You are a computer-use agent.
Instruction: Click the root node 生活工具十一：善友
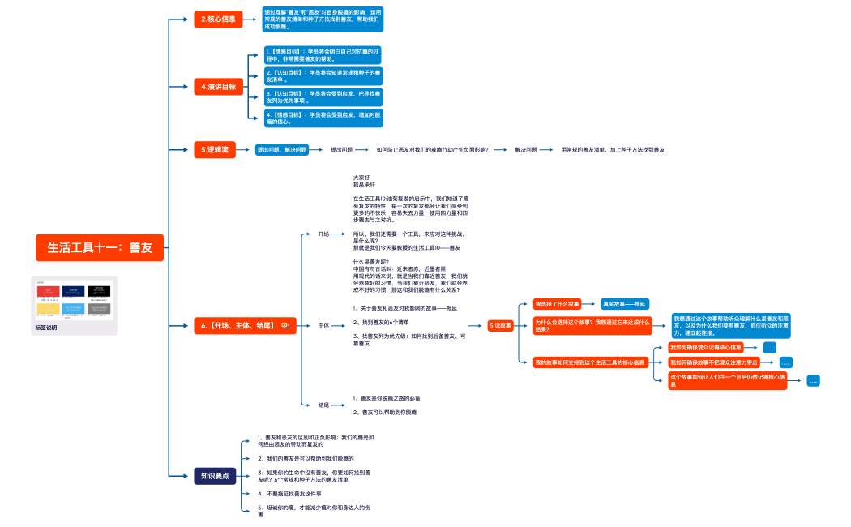coord(100,248)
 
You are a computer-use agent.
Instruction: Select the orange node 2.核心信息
coord(219,19)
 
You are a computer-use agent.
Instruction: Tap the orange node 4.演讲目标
coord(219,87)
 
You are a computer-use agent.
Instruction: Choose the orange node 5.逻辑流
coord(215,150)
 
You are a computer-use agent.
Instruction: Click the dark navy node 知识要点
coord(215,476)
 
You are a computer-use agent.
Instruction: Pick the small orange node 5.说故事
coord(501,326)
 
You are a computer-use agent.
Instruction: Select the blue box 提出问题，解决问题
coord(281,150)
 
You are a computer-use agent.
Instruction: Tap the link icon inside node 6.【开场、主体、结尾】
coord(285,326)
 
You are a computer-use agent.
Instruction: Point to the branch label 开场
coord(323,234)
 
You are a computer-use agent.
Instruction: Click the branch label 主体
coord(323,326)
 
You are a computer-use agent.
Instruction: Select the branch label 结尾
coord(323,405)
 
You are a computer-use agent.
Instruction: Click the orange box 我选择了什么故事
coord(557,304)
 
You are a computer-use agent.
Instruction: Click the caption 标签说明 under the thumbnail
coord(47,328)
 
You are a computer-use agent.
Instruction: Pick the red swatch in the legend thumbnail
coord(48,291)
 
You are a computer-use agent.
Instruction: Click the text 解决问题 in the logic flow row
coord(527,150)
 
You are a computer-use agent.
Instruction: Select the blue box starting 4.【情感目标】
coord(323,118)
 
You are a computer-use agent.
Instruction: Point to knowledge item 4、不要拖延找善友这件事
coord(289,493)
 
